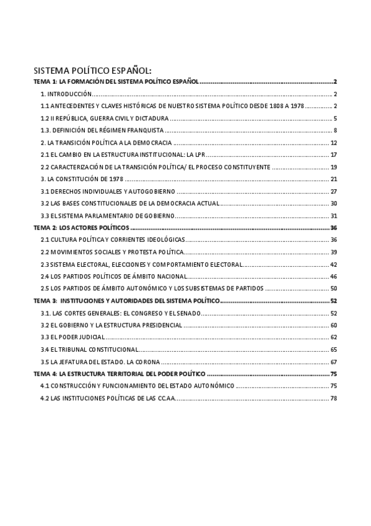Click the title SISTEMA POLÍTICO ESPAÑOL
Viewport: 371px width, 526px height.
pyautogui.click(x=92, y=70)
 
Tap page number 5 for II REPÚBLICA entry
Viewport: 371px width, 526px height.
pyautogui.click(x=334, y=118)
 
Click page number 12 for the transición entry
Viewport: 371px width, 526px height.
pyautogui.click(x=333, y=143)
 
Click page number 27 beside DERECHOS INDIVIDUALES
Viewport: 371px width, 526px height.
pyautogui.click(x=333, y=191)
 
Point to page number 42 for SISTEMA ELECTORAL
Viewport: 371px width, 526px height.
pyautogui.click(x=333, y=264)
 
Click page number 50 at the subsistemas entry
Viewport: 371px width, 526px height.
pyautogui.click(x=333, y=288)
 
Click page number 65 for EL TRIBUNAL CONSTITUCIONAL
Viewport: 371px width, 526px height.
pyautogui.click(x=333, y=349)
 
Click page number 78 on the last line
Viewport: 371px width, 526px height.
pyautogui.click(x=333, y=398)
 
